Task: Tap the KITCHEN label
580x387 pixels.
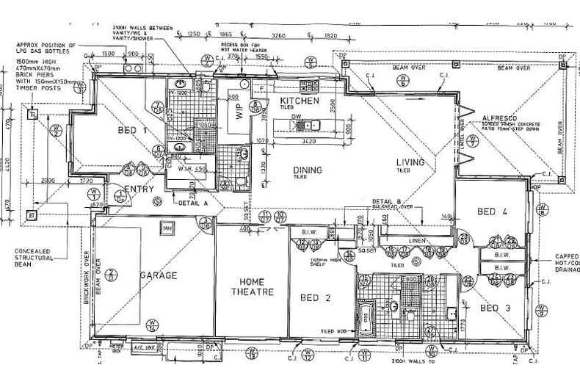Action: pos(299,101)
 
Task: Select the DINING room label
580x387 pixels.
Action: pos(307,171)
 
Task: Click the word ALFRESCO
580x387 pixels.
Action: pos(501,118)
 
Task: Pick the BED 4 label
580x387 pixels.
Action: pos(493,212)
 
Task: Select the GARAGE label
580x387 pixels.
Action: pos(159,275)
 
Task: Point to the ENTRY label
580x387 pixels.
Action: pos(139,189)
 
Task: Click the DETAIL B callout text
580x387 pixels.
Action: pos(387,201)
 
